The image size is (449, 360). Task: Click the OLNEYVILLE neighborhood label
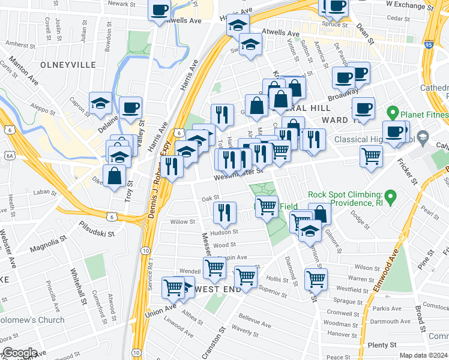click(x=50, y=64)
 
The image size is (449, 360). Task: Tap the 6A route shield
click(x=8, y=155)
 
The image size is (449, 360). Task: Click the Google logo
click(x=19, y=353)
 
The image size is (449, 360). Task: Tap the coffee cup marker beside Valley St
click(x=130, y=107)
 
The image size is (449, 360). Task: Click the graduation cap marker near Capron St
click(x=100, y=103)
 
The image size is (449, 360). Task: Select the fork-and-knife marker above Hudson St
click(x=221, y=211)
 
